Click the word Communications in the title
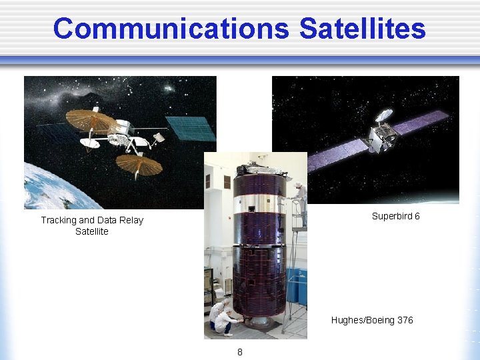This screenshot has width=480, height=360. (171, 29)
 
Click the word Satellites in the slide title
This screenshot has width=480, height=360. (362, 29)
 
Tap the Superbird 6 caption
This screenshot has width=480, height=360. (395, 216)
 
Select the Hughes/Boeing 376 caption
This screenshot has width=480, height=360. (372, 320)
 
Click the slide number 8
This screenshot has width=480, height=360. (240, 351)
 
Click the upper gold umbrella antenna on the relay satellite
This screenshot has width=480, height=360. (91, 120)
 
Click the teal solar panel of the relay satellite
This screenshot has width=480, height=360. (191, 128)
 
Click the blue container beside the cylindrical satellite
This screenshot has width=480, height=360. (297, 287)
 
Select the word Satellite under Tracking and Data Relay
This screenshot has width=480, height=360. (92, 231)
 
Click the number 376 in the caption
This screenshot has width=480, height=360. (405, 320)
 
